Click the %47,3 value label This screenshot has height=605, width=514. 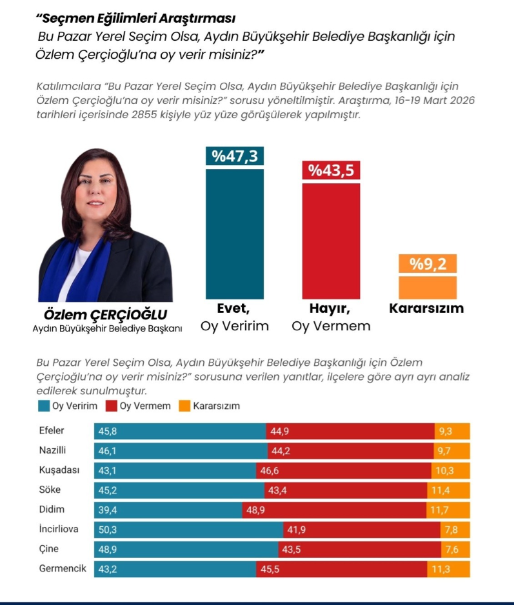tap(235, 156)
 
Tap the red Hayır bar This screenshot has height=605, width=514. tap(331, 241)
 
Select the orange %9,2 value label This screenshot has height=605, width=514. tap(427, 264)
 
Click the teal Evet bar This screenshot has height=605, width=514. tap(235, 234)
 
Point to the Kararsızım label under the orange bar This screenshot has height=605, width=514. tap(426, 308)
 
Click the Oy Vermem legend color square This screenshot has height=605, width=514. tap(111, 406)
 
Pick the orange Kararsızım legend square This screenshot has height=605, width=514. tap(185, 406)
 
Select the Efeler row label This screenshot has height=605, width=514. tap(51, 430)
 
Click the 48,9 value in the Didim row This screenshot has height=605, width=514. tap(255, 510)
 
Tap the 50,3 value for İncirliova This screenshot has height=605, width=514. tap(108, 530)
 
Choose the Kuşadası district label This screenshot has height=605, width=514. tap(59, 470)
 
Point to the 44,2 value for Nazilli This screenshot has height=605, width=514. tap(281, 451)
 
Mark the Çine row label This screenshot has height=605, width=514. tap(49, 549)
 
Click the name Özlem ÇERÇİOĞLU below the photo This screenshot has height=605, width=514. tap(105, 315)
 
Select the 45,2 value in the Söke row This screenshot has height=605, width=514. tap(107, 490)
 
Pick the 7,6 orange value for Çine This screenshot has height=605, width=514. tap(452, 550)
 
